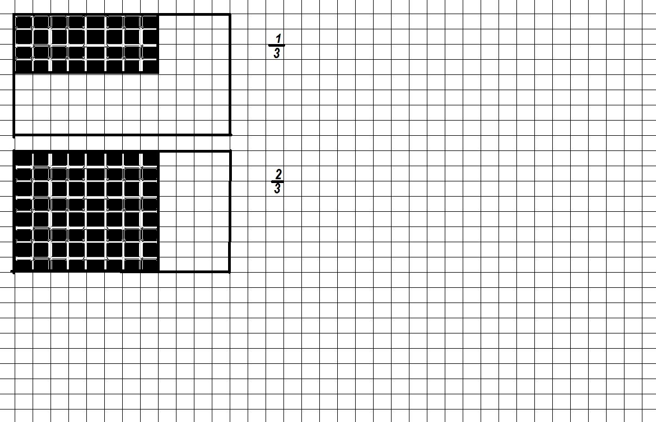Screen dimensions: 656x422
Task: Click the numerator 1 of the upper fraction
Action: coord(278,38)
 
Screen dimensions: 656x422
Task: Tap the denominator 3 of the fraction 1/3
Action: coord(277,53)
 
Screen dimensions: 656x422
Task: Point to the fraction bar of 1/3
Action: coord(276,46)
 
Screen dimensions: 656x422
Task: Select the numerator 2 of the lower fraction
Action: coord(278,174)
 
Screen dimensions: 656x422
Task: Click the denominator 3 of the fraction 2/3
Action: coord(277,188)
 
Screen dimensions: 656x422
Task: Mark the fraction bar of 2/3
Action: coord(277,181)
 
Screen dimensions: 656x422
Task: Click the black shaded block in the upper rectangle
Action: coord(86,44)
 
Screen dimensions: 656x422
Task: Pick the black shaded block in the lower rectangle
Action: coord(86,211)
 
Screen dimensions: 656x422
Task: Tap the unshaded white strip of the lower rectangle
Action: coord(194,211)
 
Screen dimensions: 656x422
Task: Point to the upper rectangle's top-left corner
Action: coord(14,15)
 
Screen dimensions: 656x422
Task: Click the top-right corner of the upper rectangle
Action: coord(230,15)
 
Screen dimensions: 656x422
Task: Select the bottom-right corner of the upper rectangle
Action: coord(230,134)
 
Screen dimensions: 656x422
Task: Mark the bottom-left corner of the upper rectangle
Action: coord(14,134)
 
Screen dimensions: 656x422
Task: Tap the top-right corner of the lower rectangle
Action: coord(230,152)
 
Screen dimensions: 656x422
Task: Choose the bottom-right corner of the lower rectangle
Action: coord(230,271)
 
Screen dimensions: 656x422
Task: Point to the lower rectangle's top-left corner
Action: coord(14,152)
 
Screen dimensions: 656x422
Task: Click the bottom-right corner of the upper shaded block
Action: coord(158,73)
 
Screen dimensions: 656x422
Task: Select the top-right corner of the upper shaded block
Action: coord(158,15)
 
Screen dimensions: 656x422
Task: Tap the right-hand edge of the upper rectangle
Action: coord(230,74)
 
